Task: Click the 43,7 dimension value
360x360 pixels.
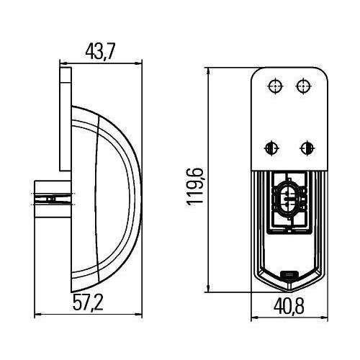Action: tap(100, 52)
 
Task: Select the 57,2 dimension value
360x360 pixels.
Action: tap(88, 302)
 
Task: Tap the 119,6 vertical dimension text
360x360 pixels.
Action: tap(195, 186)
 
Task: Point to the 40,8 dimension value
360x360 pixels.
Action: tap(289, 306)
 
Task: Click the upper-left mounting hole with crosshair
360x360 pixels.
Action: tap(275, 86)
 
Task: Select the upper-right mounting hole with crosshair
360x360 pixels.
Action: tap(304, 86)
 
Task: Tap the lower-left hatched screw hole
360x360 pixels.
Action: tap(271, 148)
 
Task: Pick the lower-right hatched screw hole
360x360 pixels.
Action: tap(307, 148)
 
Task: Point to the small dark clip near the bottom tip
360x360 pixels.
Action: tap(289, 274)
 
